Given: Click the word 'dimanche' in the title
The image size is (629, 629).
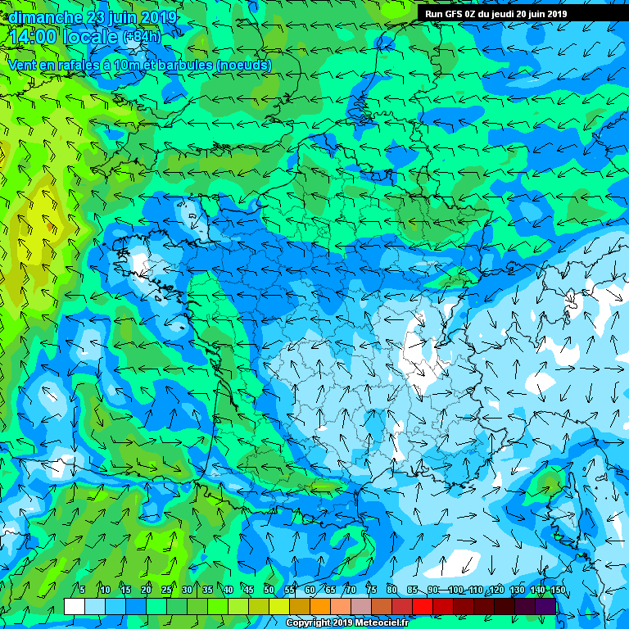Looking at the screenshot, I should pos(43,17).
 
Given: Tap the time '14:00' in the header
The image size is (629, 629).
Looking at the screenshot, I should pos(32,37).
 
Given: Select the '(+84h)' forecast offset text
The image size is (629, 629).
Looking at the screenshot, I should pos(142,37).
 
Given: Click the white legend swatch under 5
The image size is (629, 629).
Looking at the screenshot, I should pos(75,606).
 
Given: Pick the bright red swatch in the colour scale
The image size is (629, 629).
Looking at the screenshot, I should pos(423,606).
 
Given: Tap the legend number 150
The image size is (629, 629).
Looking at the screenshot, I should pos(557,591).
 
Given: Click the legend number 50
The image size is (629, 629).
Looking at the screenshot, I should pos(269,591).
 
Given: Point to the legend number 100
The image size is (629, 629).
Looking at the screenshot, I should pos(455,591).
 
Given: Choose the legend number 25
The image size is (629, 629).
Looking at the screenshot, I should pos(167,591).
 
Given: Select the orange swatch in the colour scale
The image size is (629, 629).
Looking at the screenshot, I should pos(320,606).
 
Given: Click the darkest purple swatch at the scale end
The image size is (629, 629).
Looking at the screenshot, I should pos(545,606).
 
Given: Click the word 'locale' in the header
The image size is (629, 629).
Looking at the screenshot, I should pos(90,37).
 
